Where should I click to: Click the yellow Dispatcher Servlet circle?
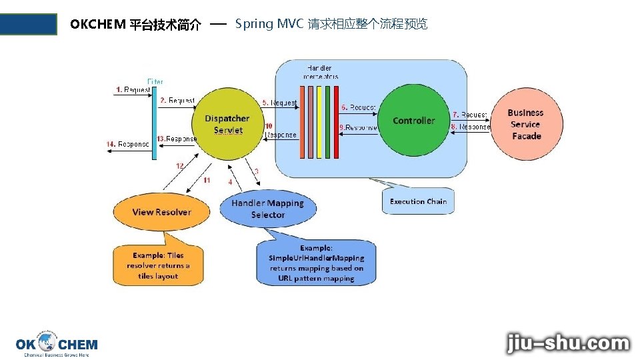click(227, 124)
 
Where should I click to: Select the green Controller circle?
click(413, 121)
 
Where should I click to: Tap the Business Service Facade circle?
click(526, 125)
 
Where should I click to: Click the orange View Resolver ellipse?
click(161, 212)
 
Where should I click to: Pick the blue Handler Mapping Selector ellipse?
click(267, 209)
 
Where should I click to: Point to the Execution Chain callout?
click(418, 201)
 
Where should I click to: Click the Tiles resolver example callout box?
click(158, 265)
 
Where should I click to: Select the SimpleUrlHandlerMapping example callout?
click(317, 263)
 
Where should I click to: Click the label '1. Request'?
click(133, 90)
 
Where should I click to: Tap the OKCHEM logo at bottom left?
click(57, 344)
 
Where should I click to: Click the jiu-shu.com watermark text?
click(568, 343)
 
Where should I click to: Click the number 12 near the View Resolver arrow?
click(180, 165)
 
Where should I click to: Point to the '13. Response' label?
click(177, 139)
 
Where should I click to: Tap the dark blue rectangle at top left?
click(29, 24)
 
